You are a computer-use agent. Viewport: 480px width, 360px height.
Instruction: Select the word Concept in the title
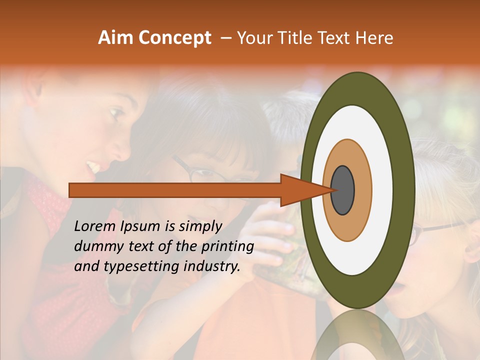[x=174, y=38]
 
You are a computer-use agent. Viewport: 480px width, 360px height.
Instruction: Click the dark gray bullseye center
[x=343, y=190]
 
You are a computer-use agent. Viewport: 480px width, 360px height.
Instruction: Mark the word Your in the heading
[x=252, y=38]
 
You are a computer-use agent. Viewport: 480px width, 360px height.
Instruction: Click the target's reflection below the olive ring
[x=357, y=337]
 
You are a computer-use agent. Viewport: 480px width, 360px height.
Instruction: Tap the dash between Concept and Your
[x=226, y=38]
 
